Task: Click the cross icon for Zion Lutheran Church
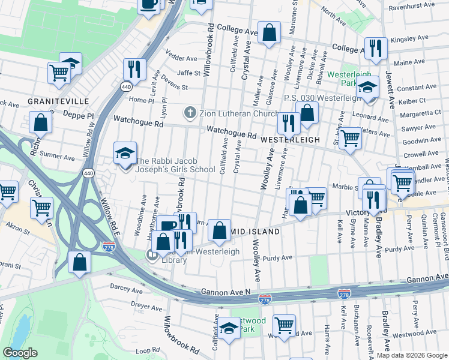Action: point(190,112)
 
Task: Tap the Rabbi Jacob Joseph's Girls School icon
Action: point(125,154)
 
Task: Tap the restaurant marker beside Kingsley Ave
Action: point(376,49)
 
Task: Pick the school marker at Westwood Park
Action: point(228,329)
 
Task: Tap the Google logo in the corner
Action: point(20,353)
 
